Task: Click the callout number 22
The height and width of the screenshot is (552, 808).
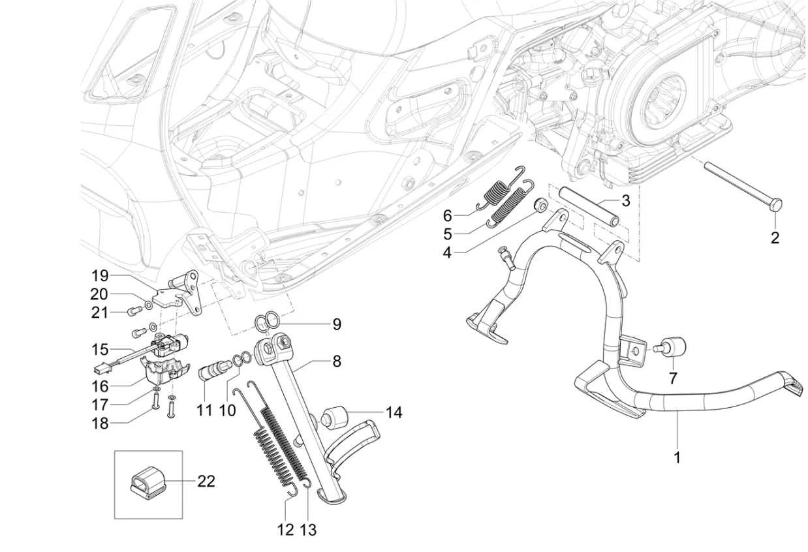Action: tap(206, 482)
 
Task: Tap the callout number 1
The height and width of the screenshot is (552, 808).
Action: tap(677, 457)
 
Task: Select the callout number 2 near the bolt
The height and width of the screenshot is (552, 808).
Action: tap(775, 238)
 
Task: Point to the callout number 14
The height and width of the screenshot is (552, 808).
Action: tap(394, 412)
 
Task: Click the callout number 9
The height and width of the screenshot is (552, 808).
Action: tap(336, 324)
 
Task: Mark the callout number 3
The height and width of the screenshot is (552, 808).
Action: tap(625, 200)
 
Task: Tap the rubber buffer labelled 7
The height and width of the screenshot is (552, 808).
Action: tap(670, 346)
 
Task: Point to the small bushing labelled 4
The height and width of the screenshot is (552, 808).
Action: tap(540, 206)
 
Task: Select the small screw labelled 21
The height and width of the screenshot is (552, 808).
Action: tap(134, 312)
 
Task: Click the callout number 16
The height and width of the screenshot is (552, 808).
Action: tap(100, 386)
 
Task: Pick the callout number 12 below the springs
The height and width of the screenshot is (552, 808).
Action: tap(286, 530)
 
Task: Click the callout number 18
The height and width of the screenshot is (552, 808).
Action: tap(99, 423)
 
